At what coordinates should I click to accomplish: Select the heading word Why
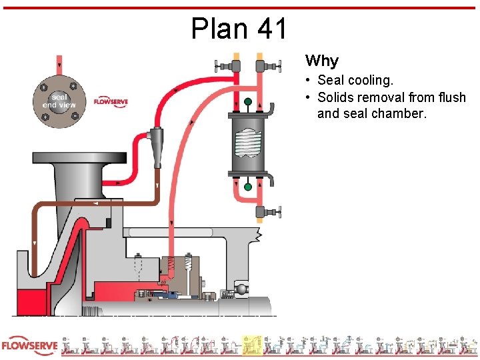pos(322,61)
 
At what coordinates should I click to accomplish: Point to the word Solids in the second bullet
pos(336,97)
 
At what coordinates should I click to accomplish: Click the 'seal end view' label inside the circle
pos(59,101)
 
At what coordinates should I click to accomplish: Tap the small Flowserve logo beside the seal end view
pos(111,101)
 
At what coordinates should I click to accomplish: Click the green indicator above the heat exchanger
pos(248,102)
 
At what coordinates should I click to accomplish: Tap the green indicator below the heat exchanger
pos(248,187)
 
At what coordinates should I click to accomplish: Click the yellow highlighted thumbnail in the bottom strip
pos(251,345)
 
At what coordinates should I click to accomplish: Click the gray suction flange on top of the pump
pos(79,159)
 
